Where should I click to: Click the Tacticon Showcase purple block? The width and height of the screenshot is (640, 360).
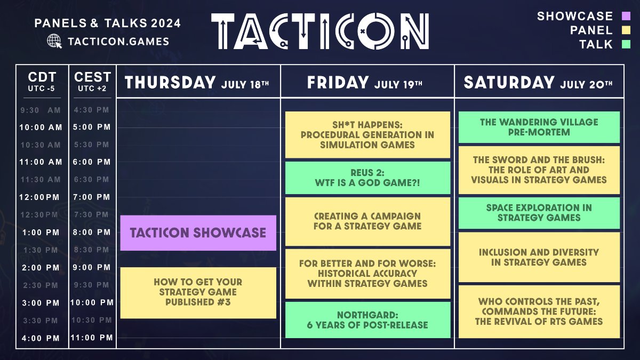point(198,233)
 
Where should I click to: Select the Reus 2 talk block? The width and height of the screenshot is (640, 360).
point(367,178)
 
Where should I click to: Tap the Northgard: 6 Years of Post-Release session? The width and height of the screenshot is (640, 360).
point(367,320)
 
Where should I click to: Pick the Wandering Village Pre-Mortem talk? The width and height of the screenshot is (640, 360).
point(539,127)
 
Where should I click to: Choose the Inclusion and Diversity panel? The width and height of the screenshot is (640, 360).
point(539,257)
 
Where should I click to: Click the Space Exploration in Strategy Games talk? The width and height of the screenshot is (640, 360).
point(539,213)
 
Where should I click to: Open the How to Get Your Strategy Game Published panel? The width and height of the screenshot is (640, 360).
point(198,292)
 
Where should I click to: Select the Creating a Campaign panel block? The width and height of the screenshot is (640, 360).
point(367,221)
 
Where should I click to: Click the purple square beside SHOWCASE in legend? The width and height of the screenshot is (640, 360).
point(626,17)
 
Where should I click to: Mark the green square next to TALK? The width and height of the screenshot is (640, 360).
point(626,44)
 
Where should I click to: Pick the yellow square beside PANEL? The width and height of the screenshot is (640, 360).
point(626,30)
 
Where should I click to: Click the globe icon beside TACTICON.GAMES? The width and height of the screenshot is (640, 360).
point(54,41)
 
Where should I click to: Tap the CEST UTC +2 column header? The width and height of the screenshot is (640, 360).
point(92,81)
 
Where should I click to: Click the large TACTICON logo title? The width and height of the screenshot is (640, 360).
point(320,31)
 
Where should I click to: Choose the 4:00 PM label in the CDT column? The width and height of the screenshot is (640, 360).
point(41,338)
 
